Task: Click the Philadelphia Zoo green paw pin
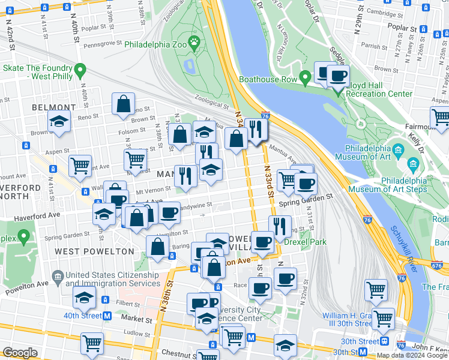click(x=194, y=41)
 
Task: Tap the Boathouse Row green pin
click(x=306, y=78)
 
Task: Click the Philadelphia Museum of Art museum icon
click(x=412, y=164)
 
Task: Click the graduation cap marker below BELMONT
click(x=59, y=122)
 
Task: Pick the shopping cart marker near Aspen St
click(x=80, y=166)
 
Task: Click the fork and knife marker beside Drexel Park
click(x=280, y=226)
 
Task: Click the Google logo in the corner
click(x=20, y=353)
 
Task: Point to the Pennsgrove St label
click(x=103, y=44)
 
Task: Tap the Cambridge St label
click(x=384, y=11)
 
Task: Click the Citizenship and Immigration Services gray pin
click(x=58, y=277)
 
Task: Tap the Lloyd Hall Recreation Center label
click(x=379, y=90)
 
